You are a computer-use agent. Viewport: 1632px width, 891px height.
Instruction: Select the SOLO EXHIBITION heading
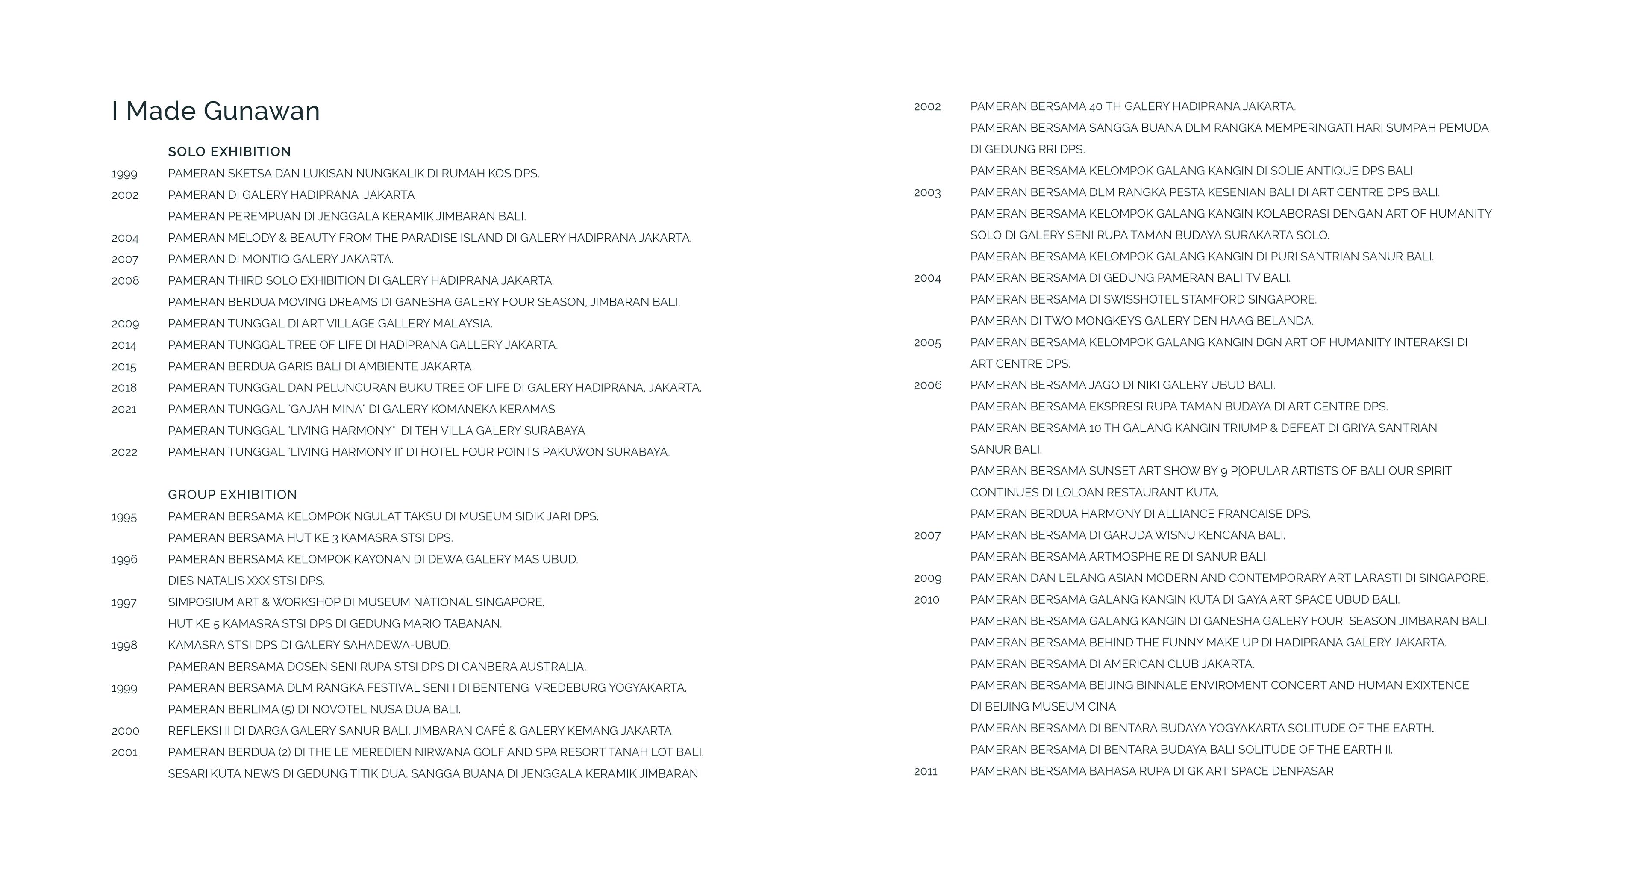(x=229, y=151)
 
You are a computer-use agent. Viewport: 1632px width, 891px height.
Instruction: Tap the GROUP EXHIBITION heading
(x=232, y=494)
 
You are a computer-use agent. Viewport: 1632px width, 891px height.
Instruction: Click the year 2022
(x=124, y=452)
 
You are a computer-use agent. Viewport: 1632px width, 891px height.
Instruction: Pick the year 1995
(x=124, y=517)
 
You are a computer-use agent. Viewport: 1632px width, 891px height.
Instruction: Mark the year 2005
(x=927, y=343)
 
